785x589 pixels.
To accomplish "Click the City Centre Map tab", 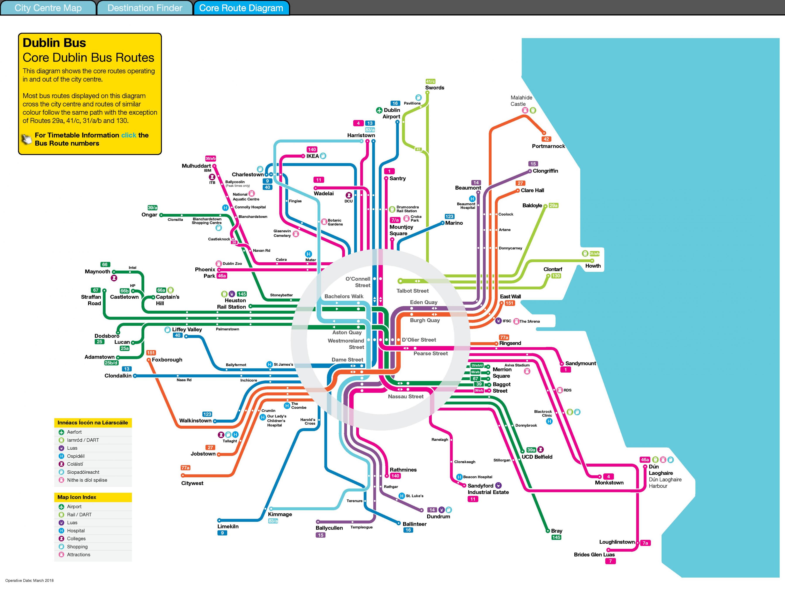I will [x=48, y=8].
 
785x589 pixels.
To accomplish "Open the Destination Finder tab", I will [x=145, y=8].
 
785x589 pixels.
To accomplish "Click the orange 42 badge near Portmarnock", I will [x=546, y=139].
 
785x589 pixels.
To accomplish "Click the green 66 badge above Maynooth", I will [x=105, y=264].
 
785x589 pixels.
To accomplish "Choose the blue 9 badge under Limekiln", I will [x=222, y=533].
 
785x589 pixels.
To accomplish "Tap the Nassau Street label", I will [x=406, y=397].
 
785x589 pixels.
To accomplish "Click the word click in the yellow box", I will [x=128, y=135].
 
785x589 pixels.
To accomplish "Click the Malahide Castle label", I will [x=521, y=101].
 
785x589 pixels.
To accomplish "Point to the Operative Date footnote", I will [x=29, y=580].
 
